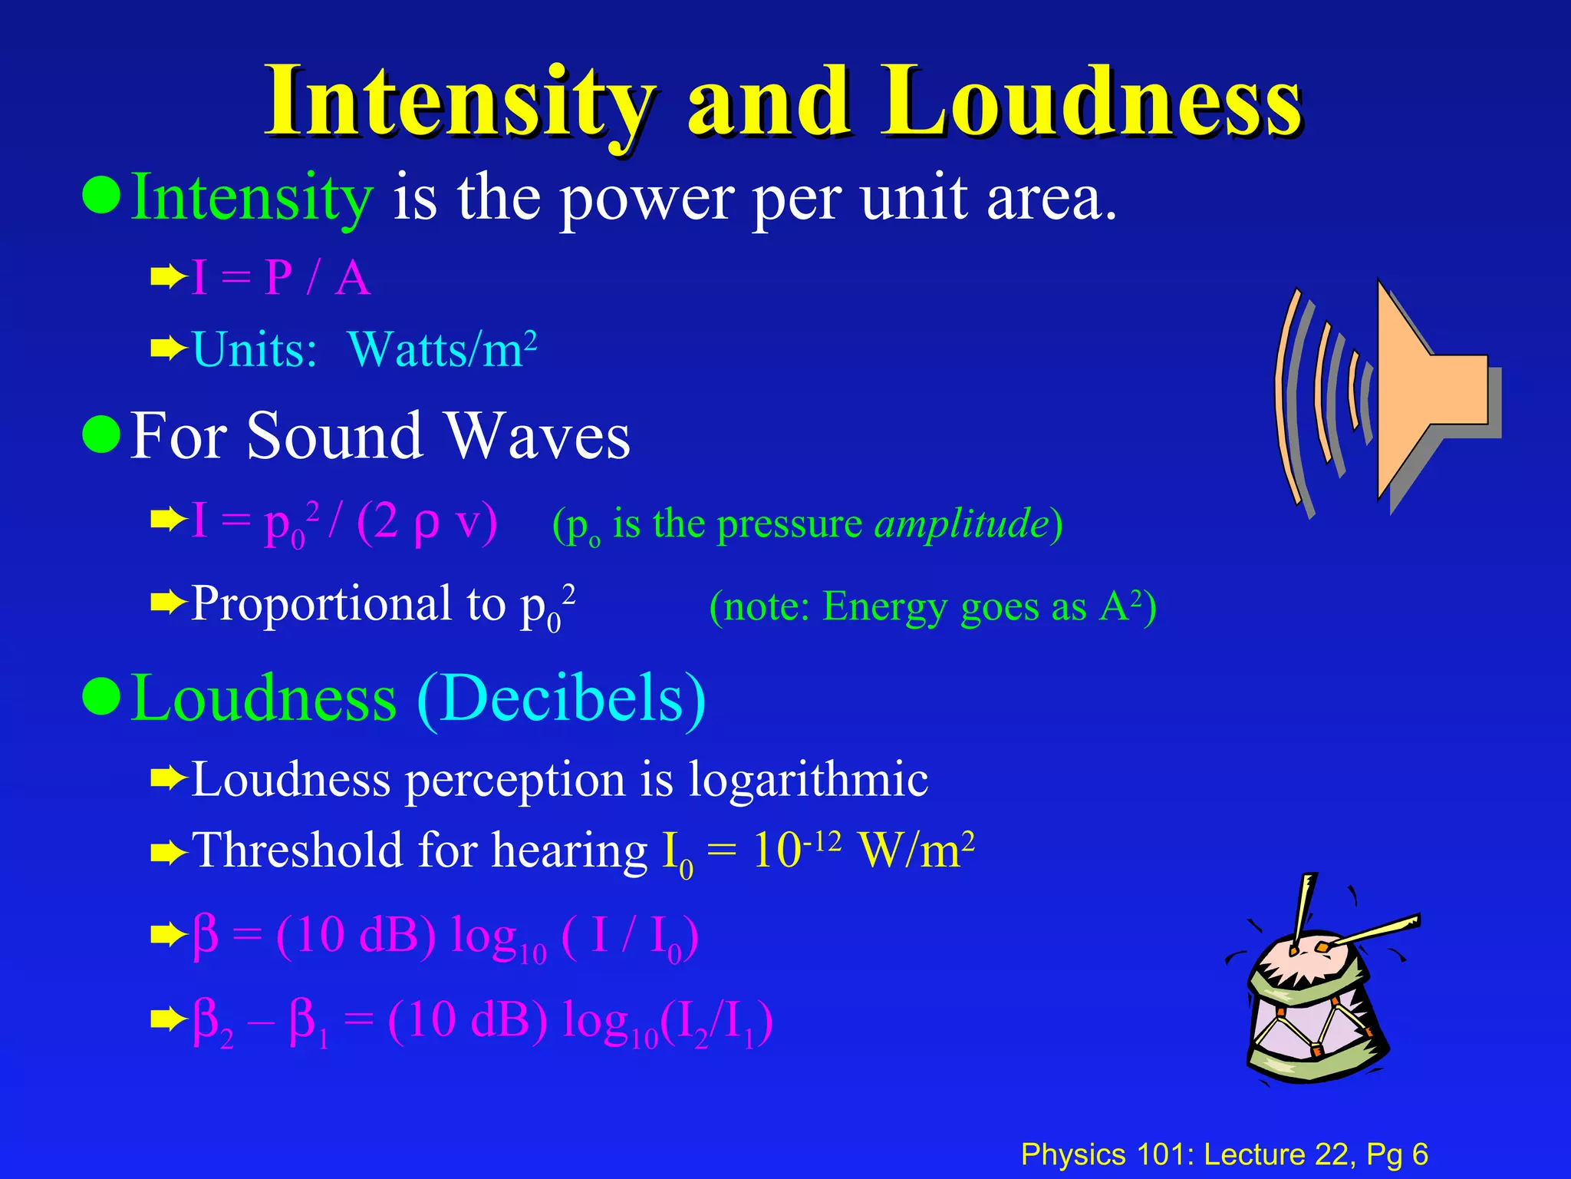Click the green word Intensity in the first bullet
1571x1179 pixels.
pos(252,198)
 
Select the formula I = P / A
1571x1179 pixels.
pos(281,278)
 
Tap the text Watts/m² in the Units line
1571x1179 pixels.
pos(442,349)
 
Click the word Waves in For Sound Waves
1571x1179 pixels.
pos(538,436)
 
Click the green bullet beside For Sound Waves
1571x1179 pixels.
pos(101,434)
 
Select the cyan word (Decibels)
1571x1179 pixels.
pos(561,698)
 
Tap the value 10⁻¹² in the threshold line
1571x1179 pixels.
pos(796,850)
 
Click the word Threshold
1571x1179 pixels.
pos(296,851)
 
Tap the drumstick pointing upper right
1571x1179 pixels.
pos(1373,930)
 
